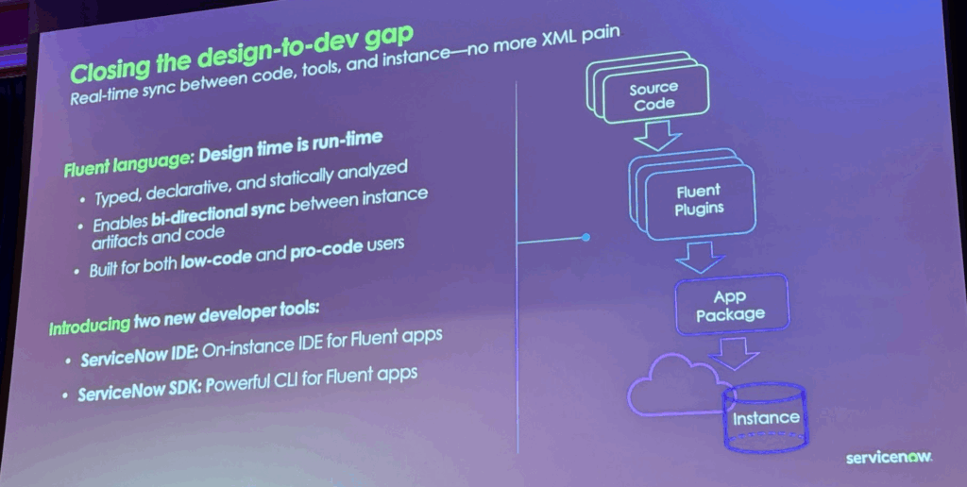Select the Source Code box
653,96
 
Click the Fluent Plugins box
698,200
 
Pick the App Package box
730,306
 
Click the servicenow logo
889,456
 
